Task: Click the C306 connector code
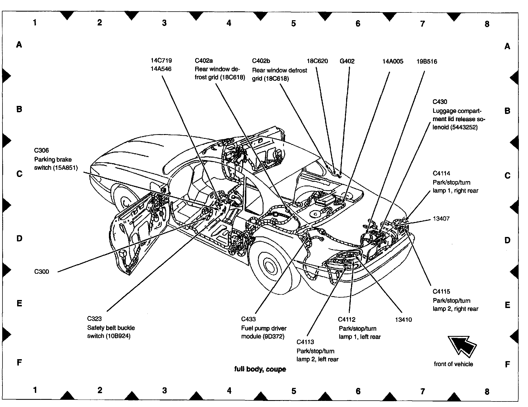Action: (x=41, y=150)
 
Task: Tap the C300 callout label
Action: (x=41, y=272)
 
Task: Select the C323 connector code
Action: (x=95, y=319)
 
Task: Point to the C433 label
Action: (x=249, y=319)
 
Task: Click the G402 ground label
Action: (x=347, y=61)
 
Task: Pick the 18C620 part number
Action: (x=317, y=61)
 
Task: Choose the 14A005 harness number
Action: (x=393, y=61)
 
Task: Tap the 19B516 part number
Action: (x=427, y=61)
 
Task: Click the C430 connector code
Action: (x=440, y=102)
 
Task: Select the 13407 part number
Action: (x=441, y=219)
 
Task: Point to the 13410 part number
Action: (x=403, y=320)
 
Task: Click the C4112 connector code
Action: (x=347, y=320)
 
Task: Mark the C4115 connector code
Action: (x=441, y=291)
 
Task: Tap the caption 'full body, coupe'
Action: (x=260, y=369)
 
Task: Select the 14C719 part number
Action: (x=161, y=60)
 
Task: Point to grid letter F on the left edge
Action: (x=19, y=362)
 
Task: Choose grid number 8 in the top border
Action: (x=487, y=24)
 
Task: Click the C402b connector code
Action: (x=261, y=61)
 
